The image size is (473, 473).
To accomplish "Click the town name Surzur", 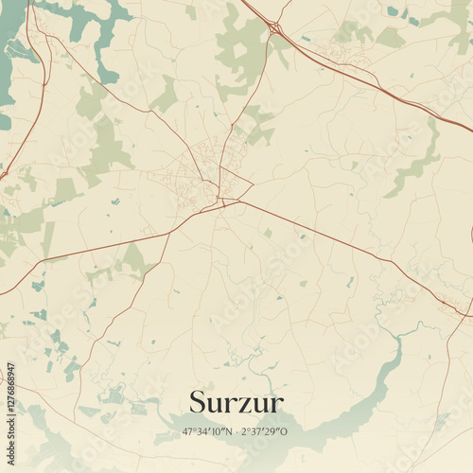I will click(236, 402).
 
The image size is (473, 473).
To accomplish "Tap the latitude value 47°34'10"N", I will click(207, 431).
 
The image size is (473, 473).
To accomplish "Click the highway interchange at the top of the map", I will click(274, 29).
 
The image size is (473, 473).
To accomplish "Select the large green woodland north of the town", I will click(241, 52).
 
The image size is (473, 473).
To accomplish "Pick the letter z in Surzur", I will click(241, 404).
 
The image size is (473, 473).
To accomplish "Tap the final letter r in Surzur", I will click(276, 404).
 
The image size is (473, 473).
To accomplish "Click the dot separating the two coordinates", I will click(236, 431).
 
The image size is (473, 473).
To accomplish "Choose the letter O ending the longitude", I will click(284, 431).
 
